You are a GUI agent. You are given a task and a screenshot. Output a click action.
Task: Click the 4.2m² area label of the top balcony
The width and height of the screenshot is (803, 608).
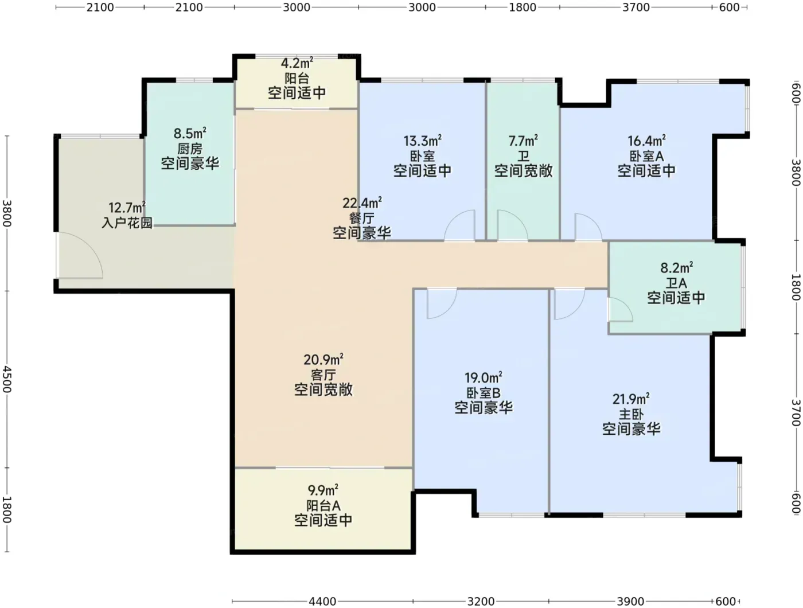[297, 63]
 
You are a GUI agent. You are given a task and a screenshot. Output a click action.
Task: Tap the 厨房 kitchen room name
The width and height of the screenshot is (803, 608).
[189, 149]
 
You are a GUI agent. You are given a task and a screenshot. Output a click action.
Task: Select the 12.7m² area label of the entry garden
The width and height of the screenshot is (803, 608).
[127, 208]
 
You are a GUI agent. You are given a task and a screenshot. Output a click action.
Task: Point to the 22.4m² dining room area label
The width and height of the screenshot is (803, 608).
[362, 202]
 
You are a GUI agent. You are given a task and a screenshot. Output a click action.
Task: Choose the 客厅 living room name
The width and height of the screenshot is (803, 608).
[323, 375]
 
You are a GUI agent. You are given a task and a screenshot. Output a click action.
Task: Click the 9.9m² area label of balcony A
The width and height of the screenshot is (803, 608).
[323, 490]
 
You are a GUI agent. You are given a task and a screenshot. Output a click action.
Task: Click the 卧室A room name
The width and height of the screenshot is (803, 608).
[646, 156]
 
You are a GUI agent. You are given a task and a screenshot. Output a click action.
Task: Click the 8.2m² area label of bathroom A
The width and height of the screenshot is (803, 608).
[676, 268]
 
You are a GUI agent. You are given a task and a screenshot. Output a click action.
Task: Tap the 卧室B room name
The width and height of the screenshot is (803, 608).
[484, 392]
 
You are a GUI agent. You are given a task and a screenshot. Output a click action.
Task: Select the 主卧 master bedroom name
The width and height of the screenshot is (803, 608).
[631, 414]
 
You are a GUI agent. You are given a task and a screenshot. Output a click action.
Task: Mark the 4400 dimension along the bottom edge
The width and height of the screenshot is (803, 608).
[322, 601]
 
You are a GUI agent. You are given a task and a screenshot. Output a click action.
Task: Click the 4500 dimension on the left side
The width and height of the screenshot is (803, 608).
[6, 379]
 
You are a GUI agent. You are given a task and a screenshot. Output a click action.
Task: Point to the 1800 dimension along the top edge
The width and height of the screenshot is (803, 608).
[523, 7]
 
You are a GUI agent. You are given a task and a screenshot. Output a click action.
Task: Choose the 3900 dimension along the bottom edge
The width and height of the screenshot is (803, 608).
[630, 601]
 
